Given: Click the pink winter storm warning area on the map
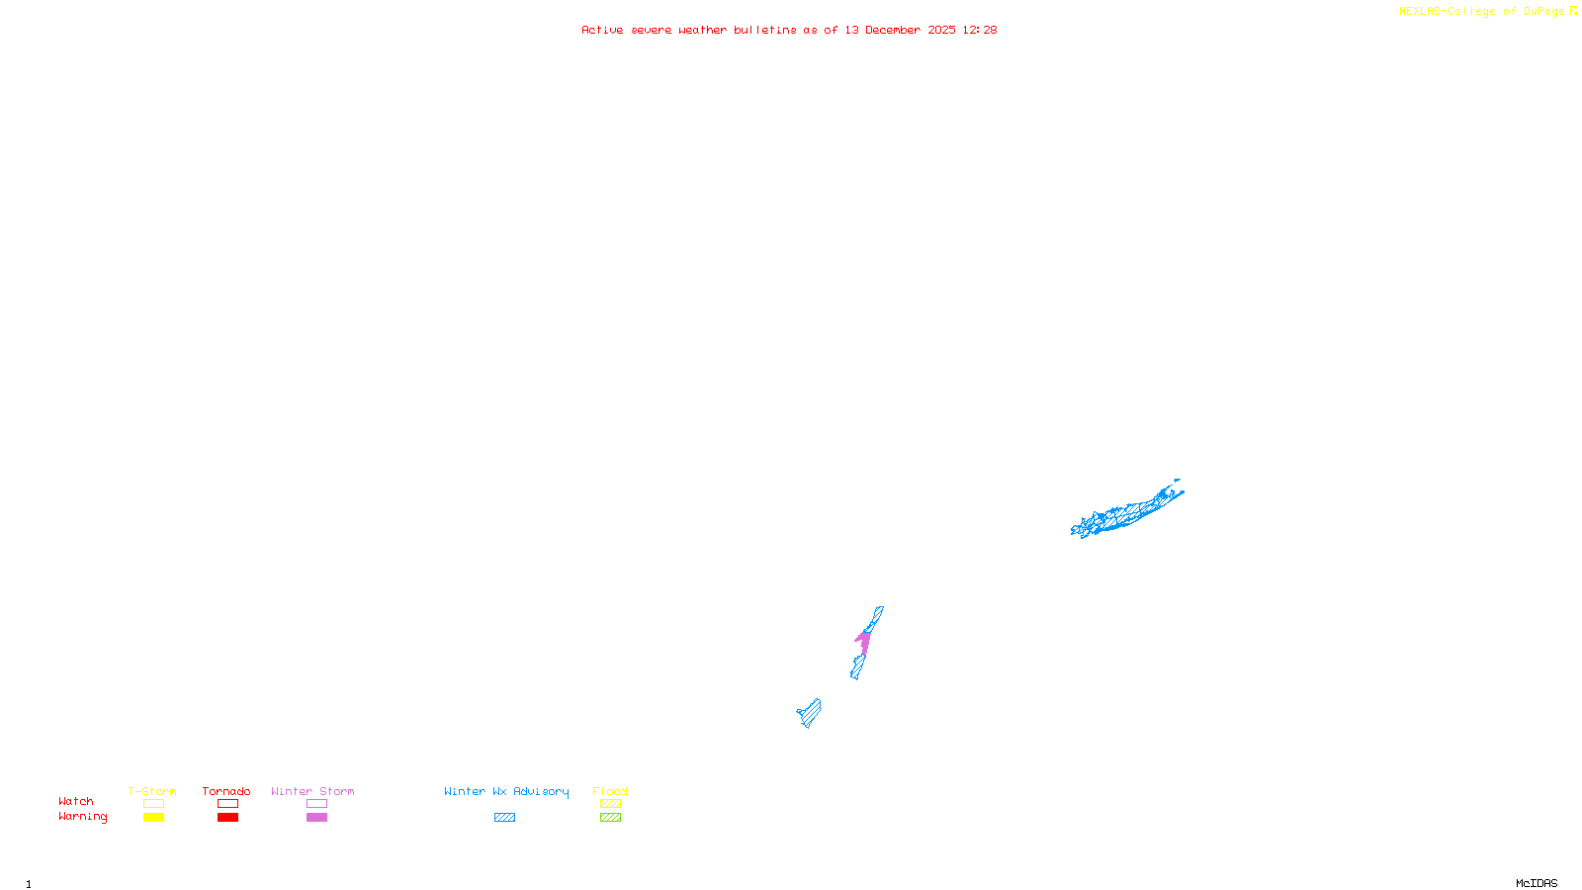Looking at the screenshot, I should pos(863,642).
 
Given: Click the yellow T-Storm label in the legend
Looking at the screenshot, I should pos(152,791).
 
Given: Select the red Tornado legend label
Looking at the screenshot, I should pos(226,791).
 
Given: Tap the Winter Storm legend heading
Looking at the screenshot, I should pos(312,791).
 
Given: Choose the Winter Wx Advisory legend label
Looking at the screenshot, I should pos(506,791).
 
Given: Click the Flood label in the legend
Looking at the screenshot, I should pos(610,791).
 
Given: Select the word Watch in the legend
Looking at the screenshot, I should pos(76,801).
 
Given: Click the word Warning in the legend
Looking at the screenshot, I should pos(82,817).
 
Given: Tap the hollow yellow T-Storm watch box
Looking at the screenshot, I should pos(153,804).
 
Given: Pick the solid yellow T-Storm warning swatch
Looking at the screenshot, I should pos(153,818).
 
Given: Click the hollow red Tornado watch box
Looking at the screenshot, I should pos(227,804).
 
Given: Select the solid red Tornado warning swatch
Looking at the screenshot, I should pos(227,818).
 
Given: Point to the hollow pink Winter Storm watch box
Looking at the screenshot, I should pos(316,804).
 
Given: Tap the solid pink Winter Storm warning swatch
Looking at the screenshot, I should pos(316,818).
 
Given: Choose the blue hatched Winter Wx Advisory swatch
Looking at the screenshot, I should pos(504,818).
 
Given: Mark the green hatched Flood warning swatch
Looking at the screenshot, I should pos(610,818).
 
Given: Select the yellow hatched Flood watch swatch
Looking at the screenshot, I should pos(610,804).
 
